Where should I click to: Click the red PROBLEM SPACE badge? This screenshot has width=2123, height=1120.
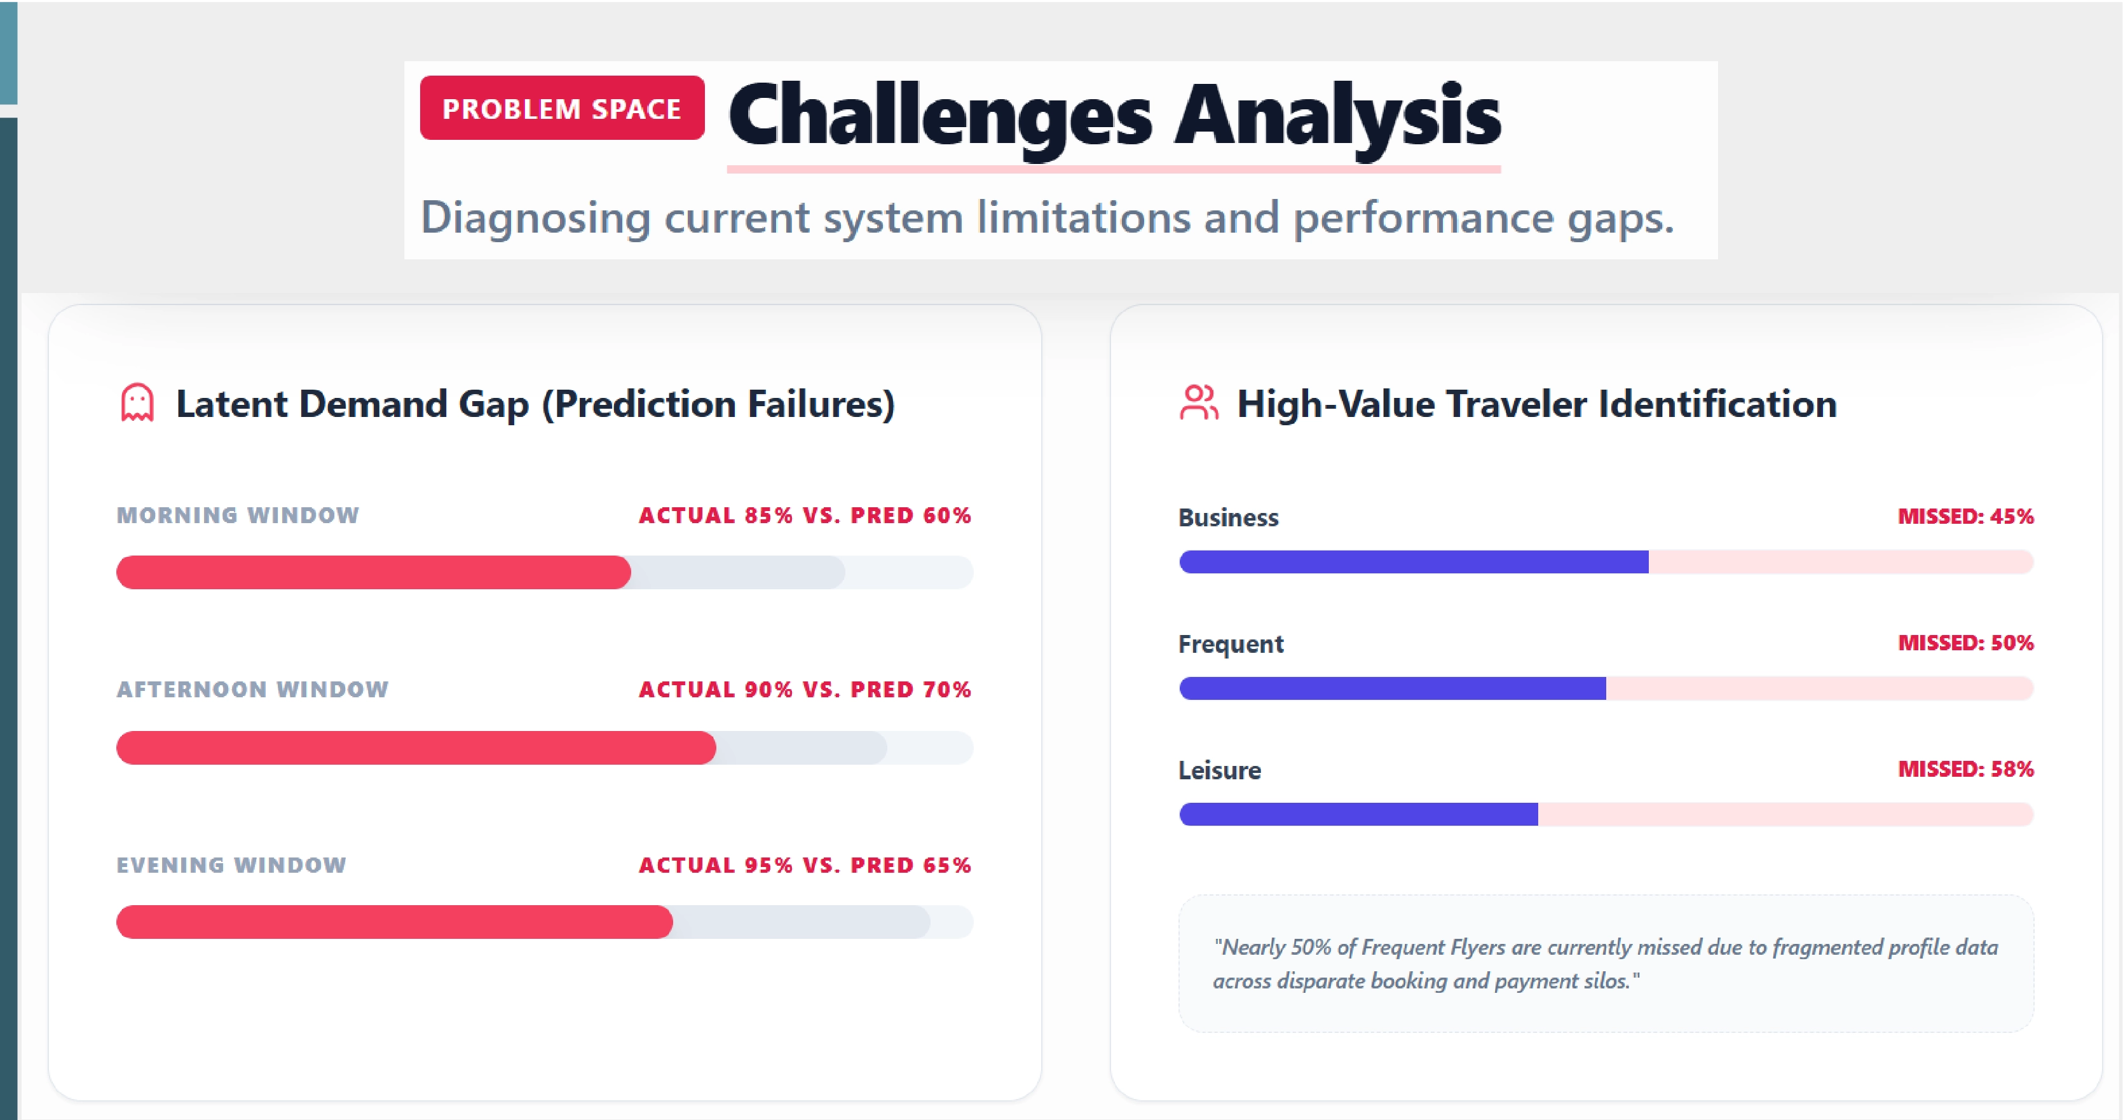(561, 108)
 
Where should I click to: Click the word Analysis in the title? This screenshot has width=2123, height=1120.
(1336, 116)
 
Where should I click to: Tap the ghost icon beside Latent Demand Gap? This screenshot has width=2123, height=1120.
(137, 403)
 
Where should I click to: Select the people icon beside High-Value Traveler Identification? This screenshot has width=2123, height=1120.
(1198, 403)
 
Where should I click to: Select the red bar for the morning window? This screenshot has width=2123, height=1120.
(372, 572)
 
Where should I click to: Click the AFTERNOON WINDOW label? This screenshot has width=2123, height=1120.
(252, 689)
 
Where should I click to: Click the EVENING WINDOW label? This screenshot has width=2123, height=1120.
(231, 864)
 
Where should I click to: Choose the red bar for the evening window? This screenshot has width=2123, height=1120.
(394, 922)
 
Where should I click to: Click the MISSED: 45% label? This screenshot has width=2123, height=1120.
(1965, 516)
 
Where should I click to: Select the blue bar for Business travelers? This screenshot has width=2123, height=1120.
(1414, 562)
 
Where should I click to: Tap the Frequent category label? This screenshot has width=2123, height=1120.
(1231, 644)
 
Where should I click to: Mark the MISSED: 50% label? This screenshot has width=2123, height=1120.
(1965, 642)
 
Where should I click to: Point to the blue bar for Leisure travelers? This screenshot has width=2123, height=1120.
(1358, 814)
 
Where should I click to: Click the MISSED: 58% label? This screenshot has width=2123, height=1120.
(1965, 769)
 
